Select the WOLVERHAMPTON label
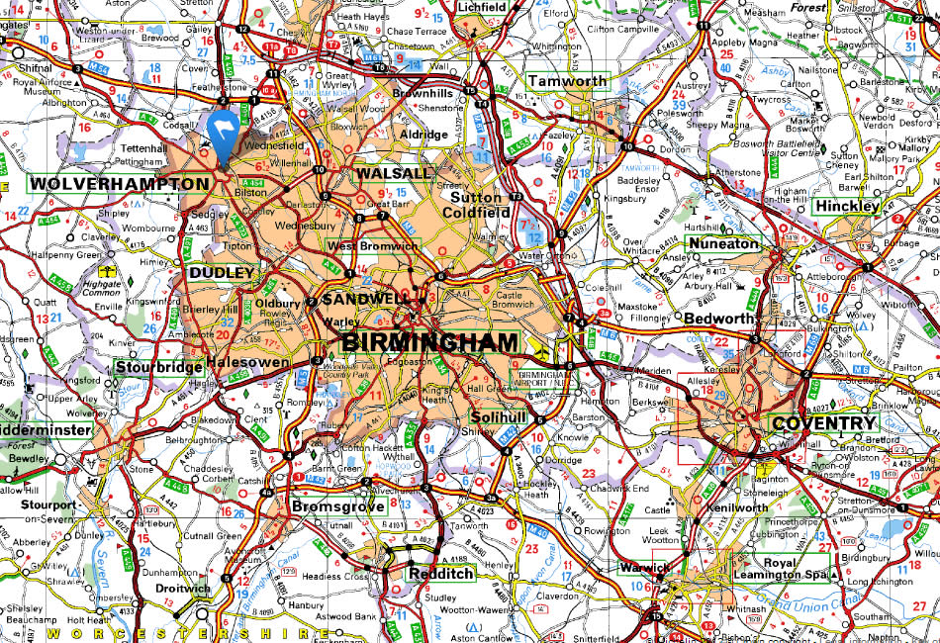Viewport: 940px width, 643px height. tap(119, 184)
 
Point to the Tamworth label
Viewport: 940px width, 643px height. tap(567, 81)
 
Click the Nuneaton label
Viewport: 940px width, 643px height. tap(722, 243)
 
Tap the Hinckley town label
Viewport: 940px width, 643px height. tap(846, 207)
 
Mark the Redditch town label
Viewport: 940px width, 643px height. tap(441, 574)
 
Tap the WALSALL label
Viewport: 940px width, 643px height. tap(394, 173)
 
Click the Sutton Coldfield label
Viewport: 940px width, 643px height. tap(474, 205)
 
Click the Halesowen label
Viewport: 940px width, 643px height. tap(247, 362)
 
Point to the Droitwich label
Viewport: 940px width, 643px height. tap(183, 589)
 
